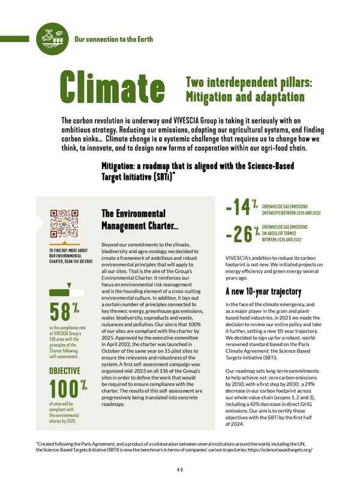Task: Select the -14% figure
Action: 239,207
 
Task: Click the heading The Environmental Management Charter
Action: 133,220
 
